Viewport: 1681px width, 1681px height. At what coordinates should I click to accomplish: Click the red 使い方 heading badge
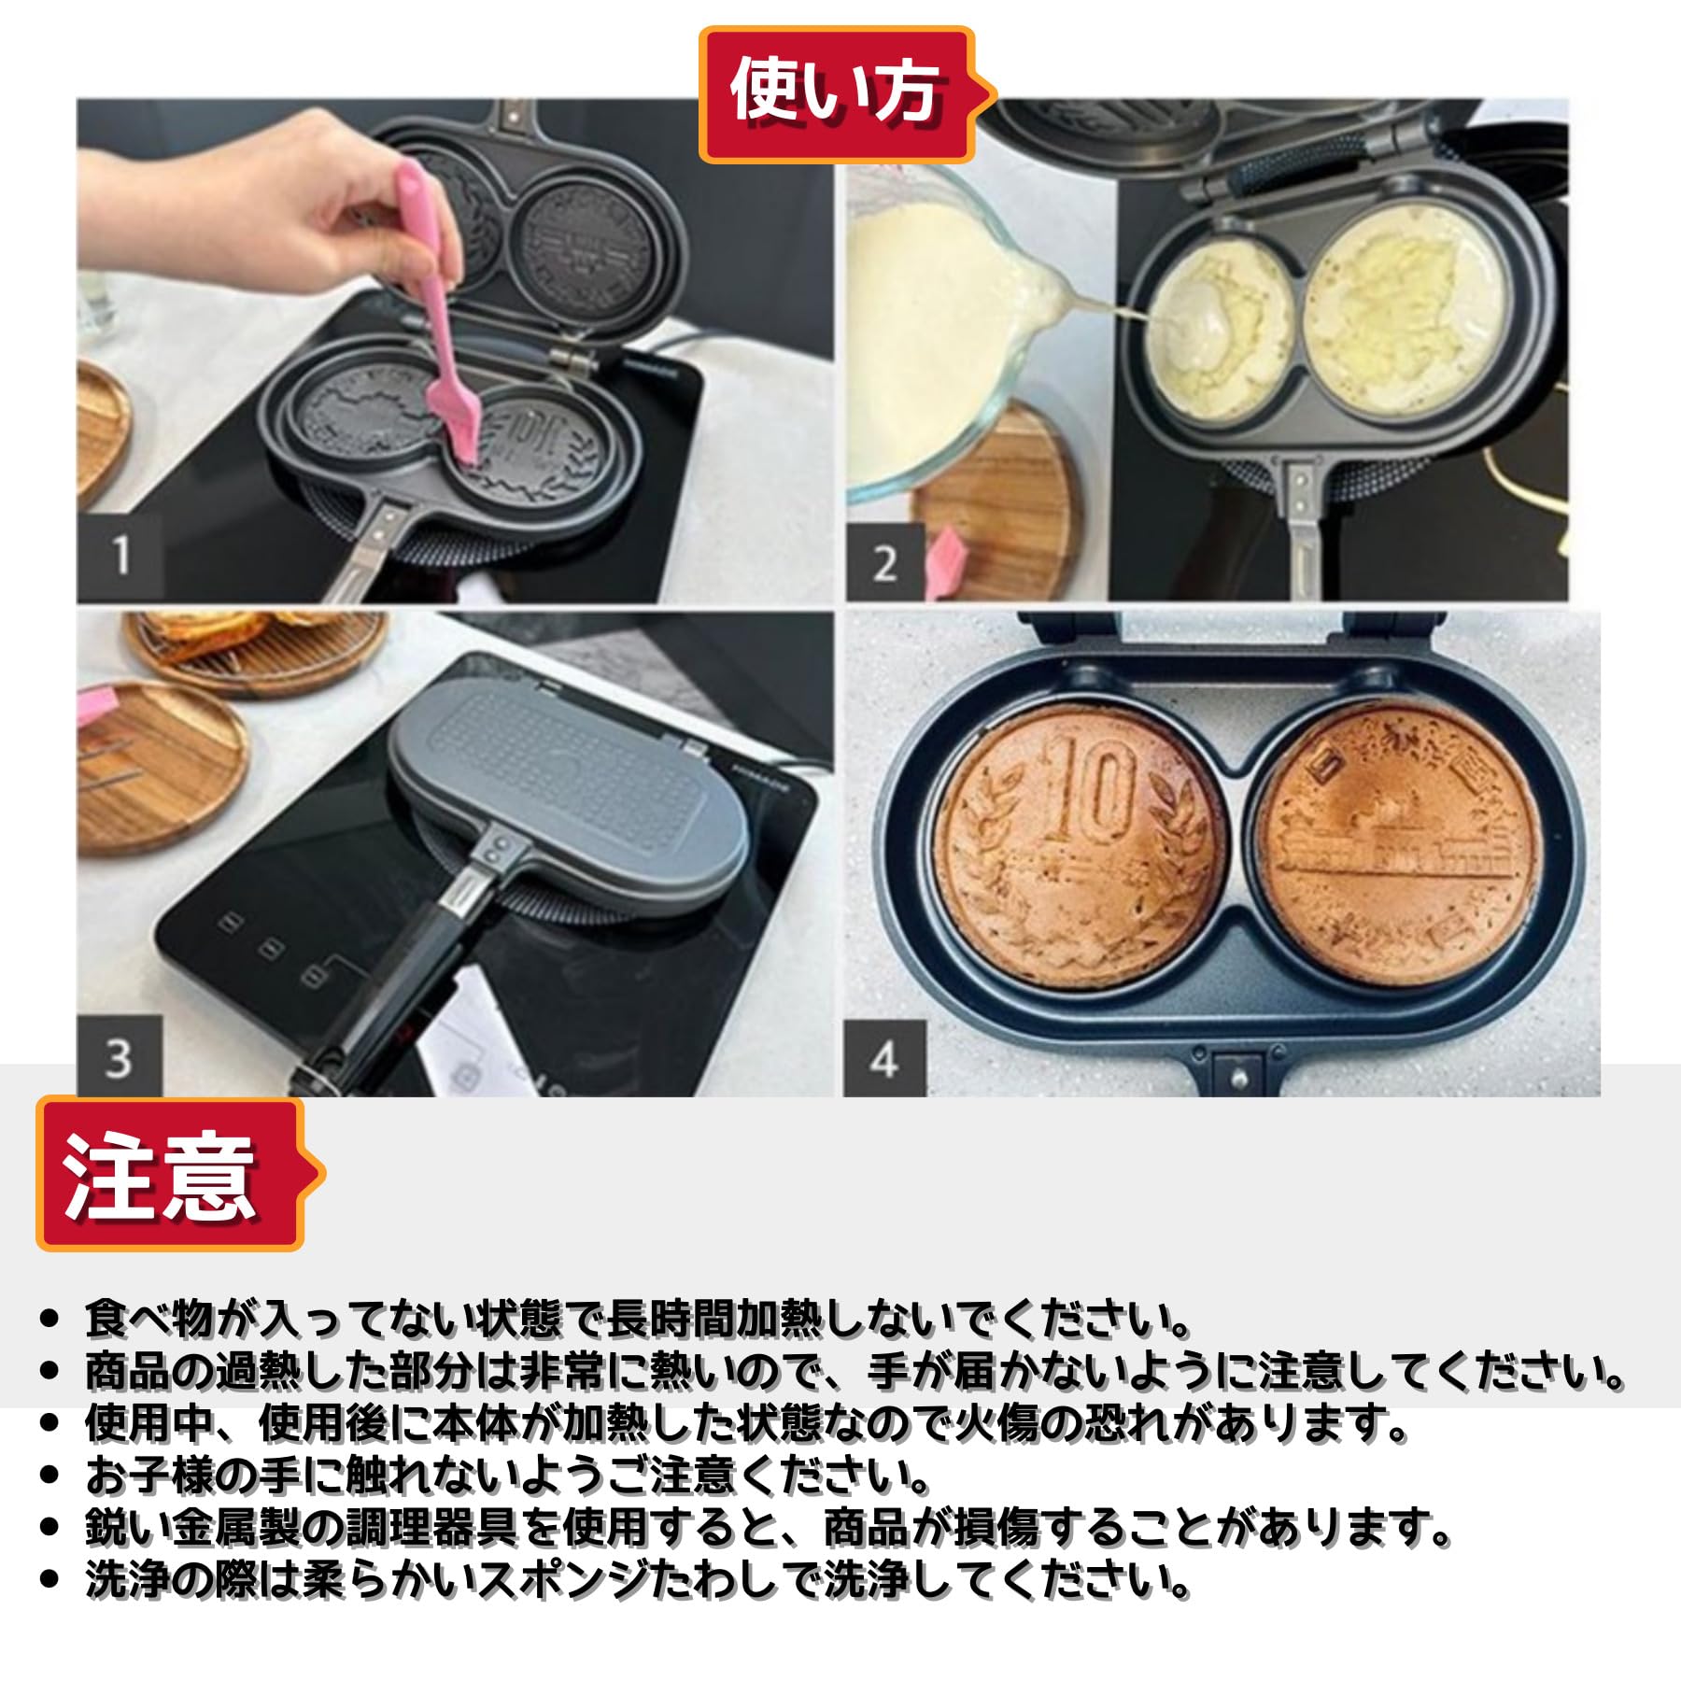click(x=836, y=93)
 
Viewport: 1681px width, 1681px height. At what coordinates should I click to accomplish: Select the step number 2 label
click(x=884, y=563)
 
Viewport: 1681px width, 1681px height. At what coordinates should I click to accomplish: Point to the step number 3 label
click(x=118, y=1058)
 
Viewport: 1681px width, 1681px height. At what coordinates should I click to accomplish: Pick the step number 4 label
click(x=883, y=1058)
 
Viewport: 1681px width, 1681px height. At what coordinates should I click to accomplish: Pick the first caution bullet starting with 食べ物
click(x=635, y=1320)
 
